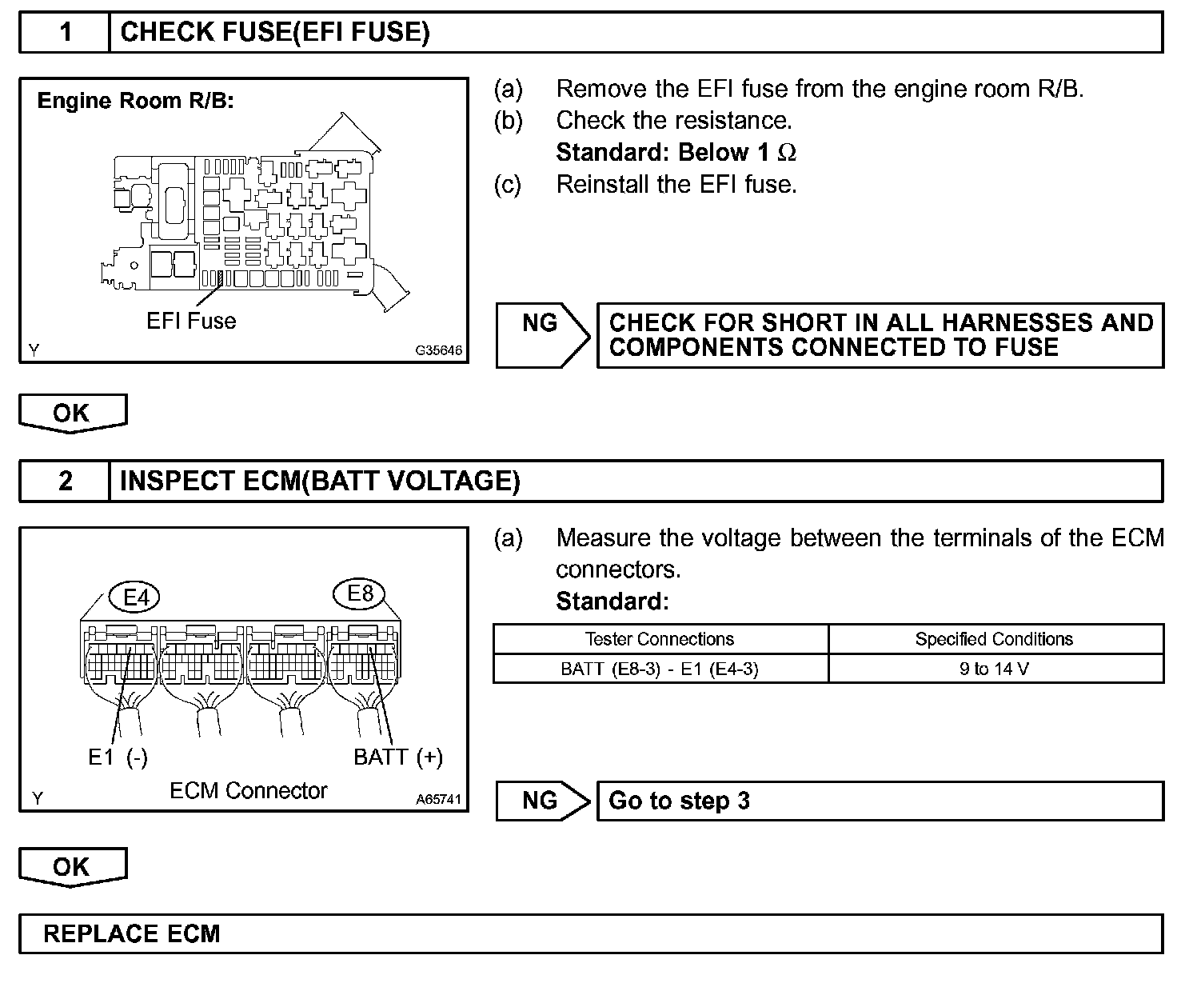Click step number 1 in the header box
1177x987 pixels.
(66, 32)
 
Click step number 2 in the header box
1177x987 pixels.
(66, 481)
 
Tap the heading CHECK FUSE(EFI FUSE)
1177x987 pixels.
(274, 32)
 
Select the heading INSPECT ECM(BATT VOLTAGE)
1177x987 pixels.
(320, 481)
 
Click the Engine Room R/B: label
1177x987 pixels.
(136, 101)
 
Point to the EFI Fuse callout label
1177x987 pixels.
(191, 321)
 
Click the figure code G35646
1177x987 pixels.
(438, 350)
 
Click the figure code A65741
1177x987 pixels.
(438, 799)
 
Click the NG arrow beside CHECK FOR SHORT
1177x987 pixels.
(541, 334)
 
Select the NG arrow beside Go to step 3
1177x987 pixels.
(541, 801)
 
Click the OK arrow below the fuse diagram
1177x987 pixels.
(72, 414)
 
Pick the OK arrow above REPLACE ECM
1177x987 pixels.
(72, 867)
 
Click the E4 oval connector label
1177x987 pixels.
(137, 597)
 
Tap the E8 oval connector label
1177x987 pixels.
(361, 593)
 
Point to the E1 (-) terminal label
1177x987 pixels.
(118, 757)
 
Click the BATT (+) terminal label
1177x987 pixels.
(398, 757)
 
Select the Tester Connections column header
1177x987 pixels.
(660, 639)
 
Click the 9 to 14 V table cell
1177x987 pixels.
(995, 669)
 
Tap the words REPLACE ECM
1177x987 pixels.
(131, 934)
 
